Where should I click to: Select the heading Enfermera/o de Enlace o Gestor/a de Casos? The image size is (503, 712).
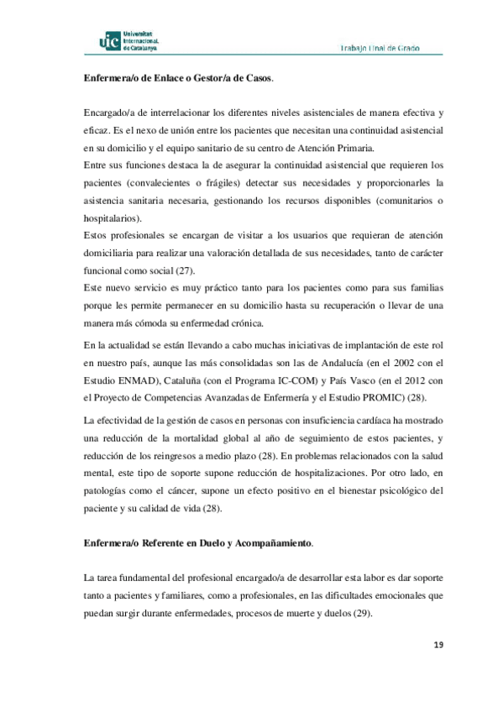coord(179,78)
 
